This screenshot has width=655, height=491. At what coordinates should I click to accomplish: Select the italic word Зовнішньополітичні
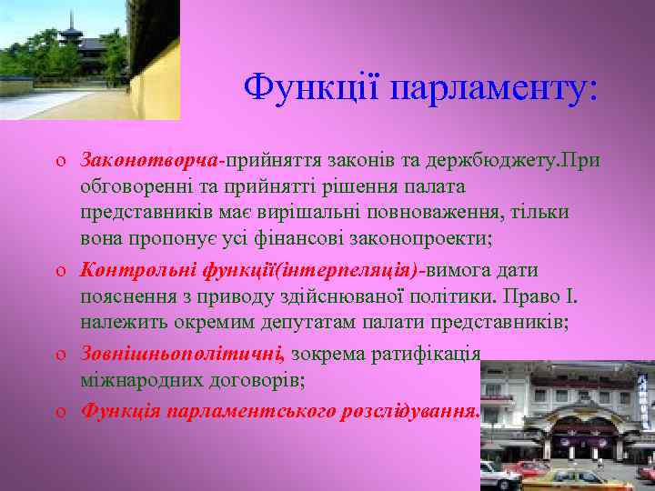(x=182, y=353)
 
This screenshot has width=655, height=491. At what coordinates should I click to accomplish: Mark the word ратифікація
(x=427, y=353)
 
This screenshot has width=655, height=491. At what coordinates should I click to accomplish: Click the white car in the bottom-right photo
(x=498, y=474)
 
